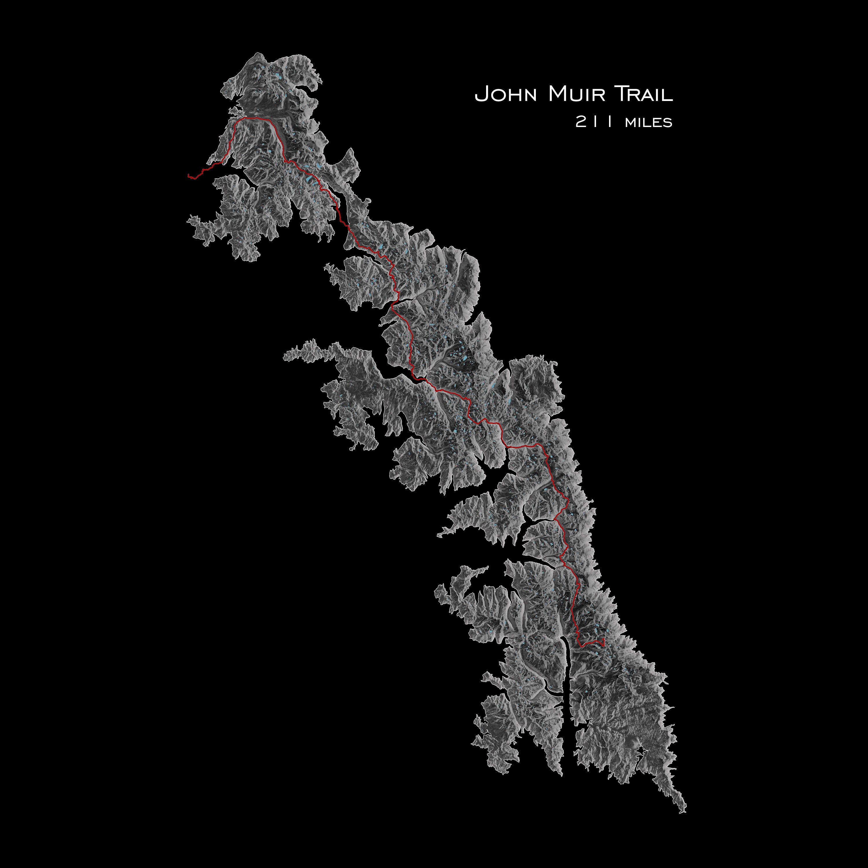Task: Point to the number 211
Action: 594,122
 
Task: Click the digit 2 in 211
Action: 580,122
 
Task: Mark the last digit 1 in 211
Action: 609,122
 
